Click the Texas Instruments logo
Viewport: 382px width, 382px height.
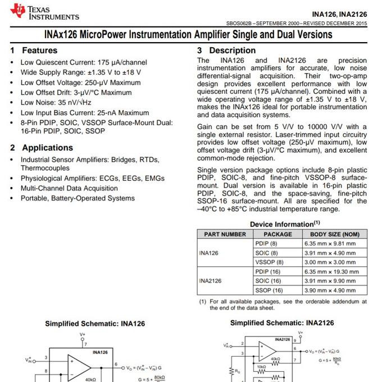[x=45, y=12]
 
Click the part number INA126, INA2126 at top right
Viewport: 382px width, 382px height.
[x=339, y=13]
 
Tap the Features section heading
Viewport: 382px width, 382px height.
[x=39, y=51]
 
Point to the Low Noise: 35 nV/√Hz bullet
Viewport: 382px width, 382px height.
[x=56, y=103]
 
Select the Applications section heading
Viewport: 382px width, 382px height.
[x=47, y=148]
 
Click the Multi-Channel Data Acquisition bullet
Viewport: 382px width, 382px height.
[x=69, y=188]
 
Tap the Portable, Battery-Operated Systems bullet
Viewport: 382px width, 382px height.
[x=78, y=198]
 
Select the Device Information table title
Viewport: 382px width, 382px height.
[x=285, y=224]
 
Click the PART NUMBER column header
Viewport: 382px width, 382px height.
[x=225, y=234]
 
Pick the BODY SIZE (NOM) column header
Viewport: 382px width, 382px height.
[x=334, y=234]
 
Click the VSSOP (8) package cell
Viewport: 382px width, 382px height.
[x=269, y=262]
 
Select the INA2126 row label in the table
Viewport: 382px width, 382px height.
[x=210, y=281]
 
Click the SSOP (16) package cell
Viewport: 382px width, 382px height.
[x=269, y=290]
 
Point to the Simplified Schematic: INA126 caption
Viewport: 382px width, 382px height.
[x=95, y=324]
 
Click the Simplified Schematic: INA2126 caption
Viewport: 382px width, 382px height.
[x=282, y=323]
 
